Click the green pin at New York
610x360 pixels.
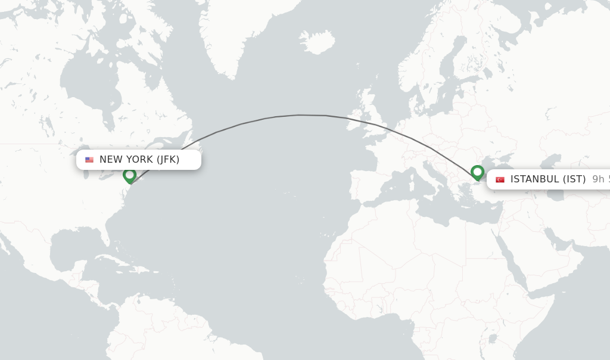[129, 175]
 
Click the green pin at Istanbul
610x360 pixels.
[477, 172]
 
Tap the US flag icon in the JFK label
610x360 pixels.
[89, 160]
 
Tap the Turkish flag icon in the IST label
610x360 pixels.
[500, 179]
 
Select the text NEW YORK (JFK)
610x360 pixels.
[139, 160]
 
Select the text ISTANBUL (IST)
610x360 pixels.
[548, 179]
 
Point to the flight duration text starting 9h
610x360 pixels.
[600, 179]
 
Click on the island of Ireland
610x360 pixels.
[356, 117]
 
